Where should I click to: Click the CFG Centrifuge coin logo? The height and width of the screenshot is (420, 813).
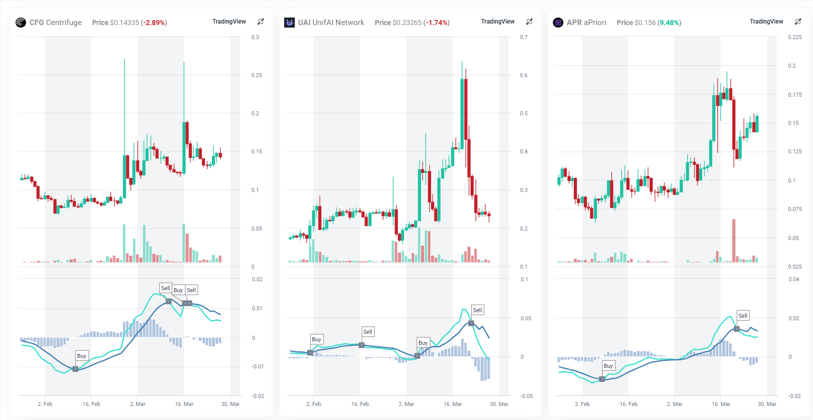click(21, 23)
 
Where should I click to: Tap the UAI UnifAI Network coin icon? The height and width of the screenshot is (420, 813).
click(289, 23)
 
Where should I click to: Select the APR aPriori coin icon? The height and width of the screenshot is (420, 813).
click(558, 23)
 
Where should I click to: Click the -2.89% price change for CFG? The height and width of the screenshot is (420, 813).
click(154, 23)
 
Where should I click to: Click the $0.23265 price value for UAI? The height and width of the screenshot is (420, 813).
click(407, 23)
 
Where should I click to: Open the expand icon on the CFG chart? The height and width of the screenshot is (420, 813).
click(261, 22)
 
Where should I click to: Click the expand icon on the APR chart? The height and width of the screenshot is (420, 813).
click(798, 22)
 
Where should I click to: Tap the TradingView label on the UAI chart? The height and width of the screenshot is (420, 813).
click(498, 22)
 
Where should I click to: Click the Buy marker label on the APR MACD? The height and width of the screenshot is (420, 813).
click(608, 366)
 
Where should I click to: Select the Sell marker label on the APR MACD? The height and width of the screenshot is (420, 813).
click(743, 316)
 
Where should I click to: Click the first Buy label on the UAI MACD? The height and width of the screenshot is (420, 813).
click(316, 339)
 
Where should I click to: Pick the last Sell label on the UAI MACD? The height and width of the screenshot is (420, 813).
click(477, 310)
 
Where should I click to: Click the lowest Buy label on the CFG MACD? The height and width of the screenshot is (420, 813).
click(82, 356)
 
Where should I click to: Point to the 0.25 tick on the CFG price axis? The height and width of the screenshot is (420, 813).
click(257, 75)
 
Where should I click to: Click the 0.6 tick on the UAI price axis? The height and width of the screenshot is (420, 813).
click(524, 75)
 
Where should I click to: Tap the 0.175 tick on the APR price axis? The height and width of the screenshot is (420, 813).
click(794, 95)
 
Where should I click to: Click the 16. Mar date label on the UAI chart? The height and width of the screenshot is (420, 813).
click(453, 404)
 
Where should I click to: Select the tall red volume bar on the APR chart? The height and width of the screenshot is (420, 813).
click(734, 241)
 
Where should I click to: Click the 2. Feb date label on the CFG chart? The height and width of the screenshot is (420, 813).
click(45, 404)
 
